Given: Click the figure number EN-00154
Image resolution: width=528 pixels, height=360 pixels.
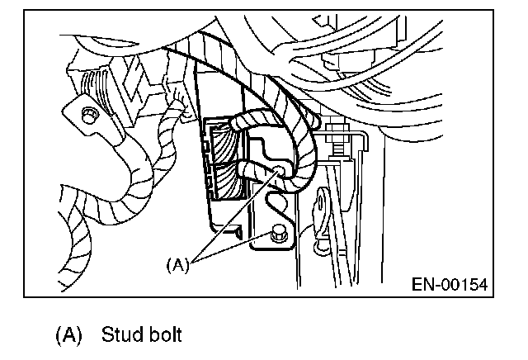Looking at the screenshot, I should pos(449,284).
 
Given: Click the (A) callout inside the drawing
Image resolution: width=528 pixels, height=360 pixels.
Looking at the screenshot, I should pos(179,264).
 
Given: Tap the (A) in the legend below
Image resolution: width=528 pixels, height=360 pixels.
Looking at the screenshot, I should pos(68,336).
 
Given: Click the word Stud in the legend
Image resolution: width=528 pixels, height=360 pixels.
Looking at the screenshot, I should pos(119,336).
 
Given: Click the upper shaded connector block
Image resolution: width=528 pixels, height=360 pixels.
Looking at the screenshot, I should pos(221,144).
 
